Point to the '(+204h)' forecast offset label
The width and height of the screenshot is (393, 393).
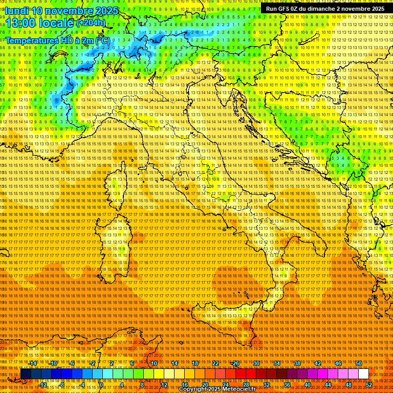click(x=91, y=23)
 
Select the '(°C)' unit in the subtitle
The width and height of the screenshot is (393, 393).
click(x=103, y=40)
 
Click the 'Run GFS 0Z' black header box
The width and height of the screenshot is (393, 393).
click(x=325, y=9)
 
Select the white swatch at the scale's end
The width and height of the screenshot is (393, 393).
click(x=363, y=374)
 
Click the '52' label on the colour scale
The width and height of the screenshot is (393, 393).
click(x=369, y=384)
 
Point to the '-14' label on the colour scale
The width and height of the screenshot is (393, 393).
click(x=33, y=363)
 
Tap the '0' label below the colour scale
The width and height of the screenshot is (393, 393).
click(x=102, y=384)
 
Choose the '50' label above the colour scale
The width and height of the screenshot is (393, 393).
click(x=359, y=363)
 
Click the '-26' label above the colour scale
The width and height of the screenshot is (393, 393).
click(x=235, y=363)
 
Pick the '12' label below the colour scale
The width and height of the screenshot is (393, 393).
click(x=164, y=384)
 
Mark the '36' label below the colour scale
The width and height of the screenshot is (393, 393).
click(x=287, y=384)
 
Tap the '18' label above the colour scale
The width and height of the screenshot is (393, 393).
click(x=195, y=363)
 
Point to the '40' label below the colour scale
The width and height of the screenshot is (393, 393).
click(x=308, y=384)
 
